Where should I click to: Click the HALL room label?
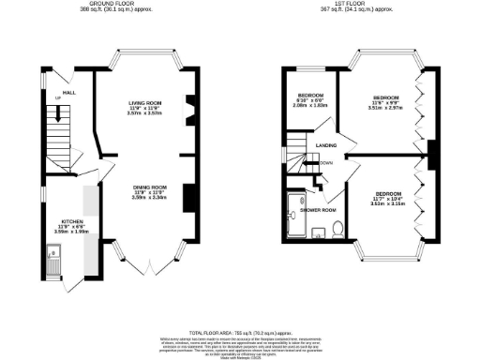point(68,94)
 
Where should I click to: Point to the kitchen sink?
point(53,251)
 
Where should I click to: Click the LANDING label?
point(327,145)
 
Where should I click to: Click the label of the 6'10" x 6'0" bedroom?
point(311,97)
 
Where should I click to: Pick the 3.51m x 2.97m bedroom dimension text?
point(386,108)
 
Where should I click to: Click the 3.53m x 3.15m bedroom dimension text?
point(385,201)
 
